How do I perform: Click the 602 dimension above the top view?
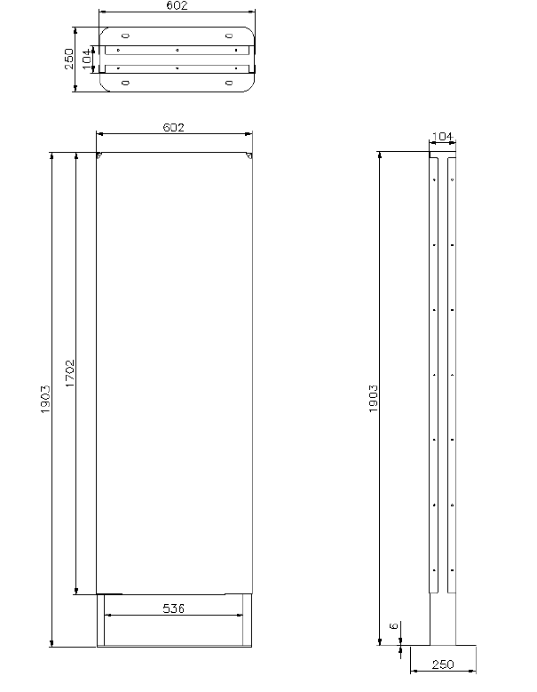(177, 5)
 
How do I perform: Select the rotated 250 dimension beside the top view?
(69, 59)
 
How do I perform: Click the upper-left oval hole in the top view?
(125, 36)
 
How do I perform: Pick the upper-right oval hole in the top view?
(229, 36)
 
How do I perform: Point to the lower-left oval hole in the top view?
(125, 83)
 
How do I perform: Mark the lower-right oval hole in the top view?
(229, 83)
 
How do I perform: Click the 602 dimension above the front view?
(173, 128)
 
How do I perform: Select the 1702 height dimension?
(69, 373)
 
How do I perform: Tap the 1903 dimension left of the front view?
(46, 400)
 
